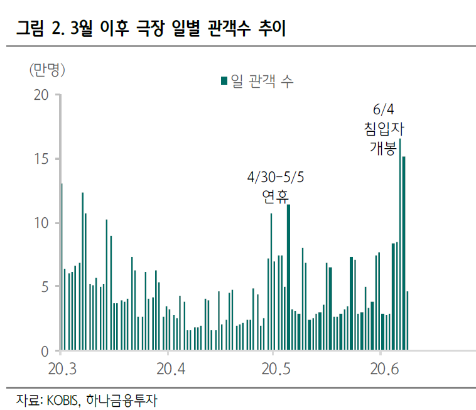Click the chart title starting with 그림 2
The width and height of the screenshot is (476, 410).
coord(151,29)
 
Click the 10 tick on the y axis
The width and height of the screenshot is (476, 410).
coord(41,223)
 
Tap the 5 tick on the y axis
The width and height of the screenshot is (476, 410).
coord(45,286)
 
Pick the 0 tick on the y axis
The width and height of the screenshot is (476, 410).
coord(45,350)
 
